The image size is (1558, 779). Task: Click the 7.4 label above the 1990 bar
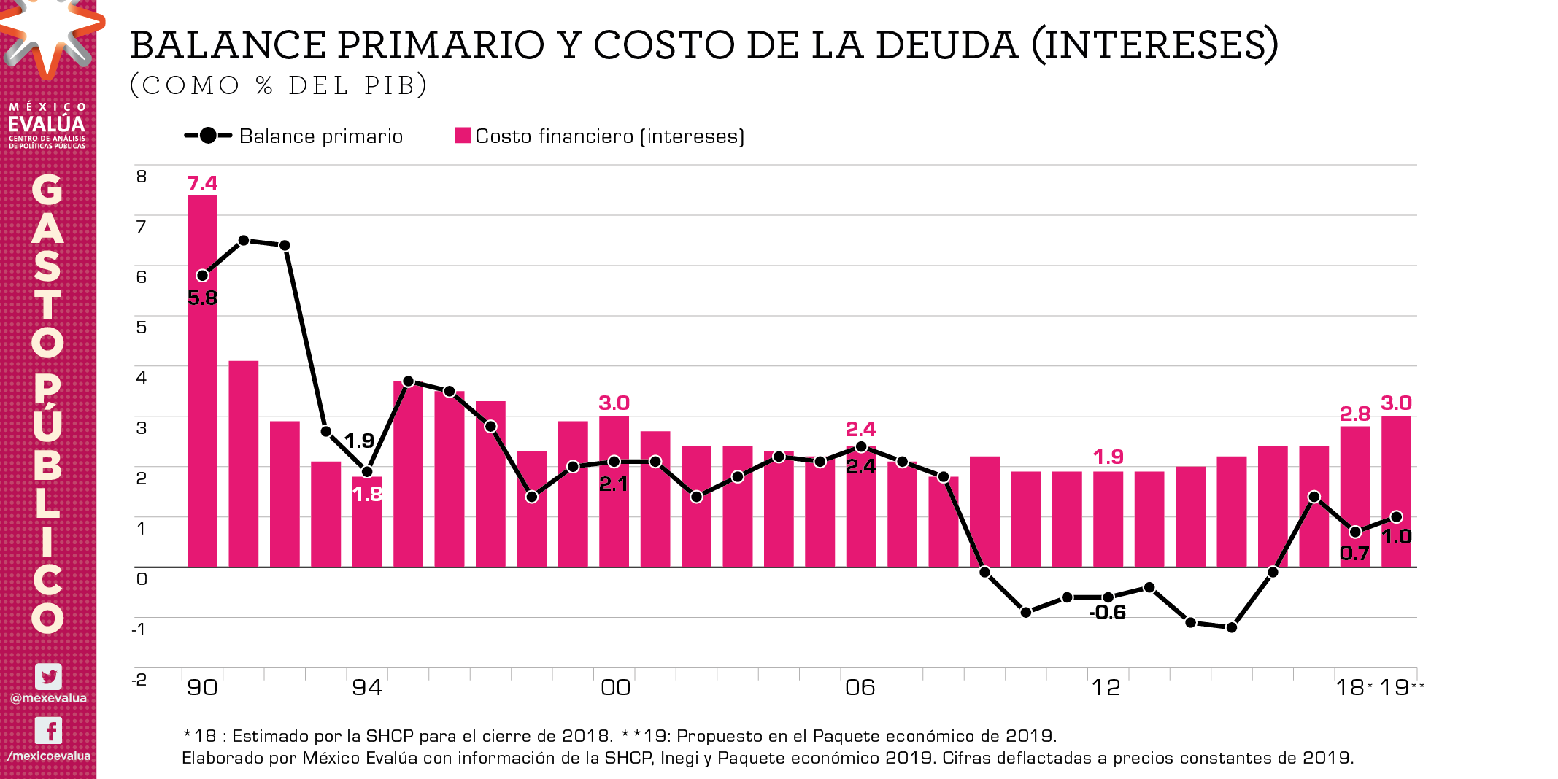pos(202,183)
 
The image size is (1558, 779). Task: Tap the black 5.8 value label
pos(202,298)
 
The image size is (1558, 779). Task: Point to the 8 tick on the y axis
pos(142,176)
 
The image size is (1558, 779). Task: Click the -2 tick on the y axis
pos(139,679)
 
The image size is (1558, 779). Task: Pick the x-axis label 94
pos(367,687)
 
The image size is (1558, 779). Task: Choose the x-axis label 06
pos(860,687)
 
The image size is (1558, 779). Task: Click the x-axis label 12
pos(1106,687)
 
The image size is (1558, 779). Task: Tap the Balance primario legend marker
pos(208,136)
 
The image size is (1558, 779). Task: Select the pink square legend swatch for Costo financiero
pos(463,136)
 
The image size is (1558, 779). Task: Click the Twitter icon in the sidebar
pos(48,676)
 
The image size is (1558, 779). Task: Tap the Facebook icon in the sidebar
pos(48,730)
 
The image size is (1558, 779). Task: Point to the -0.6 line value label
pos(1107,612)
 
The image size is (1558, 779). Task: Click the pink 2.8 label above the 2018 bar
pos(1355,414)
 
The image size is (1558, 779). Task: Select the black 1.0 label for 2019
pos(1397,537)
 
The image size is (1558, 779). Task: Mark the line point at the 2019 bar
pos(1397,516)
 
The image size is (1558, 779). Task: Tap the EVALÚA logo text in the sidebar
pos(47,124)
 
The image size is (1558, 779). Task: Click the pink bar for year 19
pos(1397,496)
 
